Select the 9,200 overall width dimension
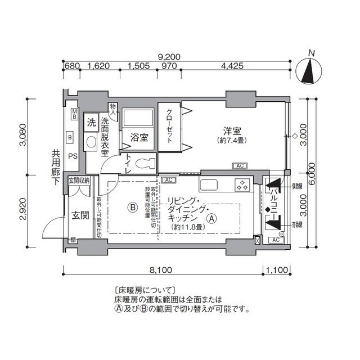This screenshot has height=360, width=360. [169, 56]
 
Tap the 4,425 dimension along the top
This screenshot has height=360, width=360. [232, 66]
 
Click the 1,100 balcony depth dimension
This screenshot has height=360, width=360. [276, 269]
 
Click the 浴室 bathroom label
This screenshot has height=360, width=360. [139, 137]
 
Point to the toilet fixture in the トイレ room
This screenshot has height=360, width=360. [144, 164]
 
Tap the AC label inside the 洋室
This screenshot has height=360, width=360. [239, 166]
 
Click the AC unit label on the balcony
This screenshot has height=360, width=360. [275, 240]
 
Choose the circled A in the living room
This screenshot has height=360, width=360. [211, 218]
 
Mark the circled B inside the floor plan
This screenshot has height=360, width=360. [132, 207]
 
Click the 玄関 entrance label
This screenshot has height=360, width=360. [77, 215]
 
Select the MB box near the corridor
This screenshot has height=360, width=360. [74, 114]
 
